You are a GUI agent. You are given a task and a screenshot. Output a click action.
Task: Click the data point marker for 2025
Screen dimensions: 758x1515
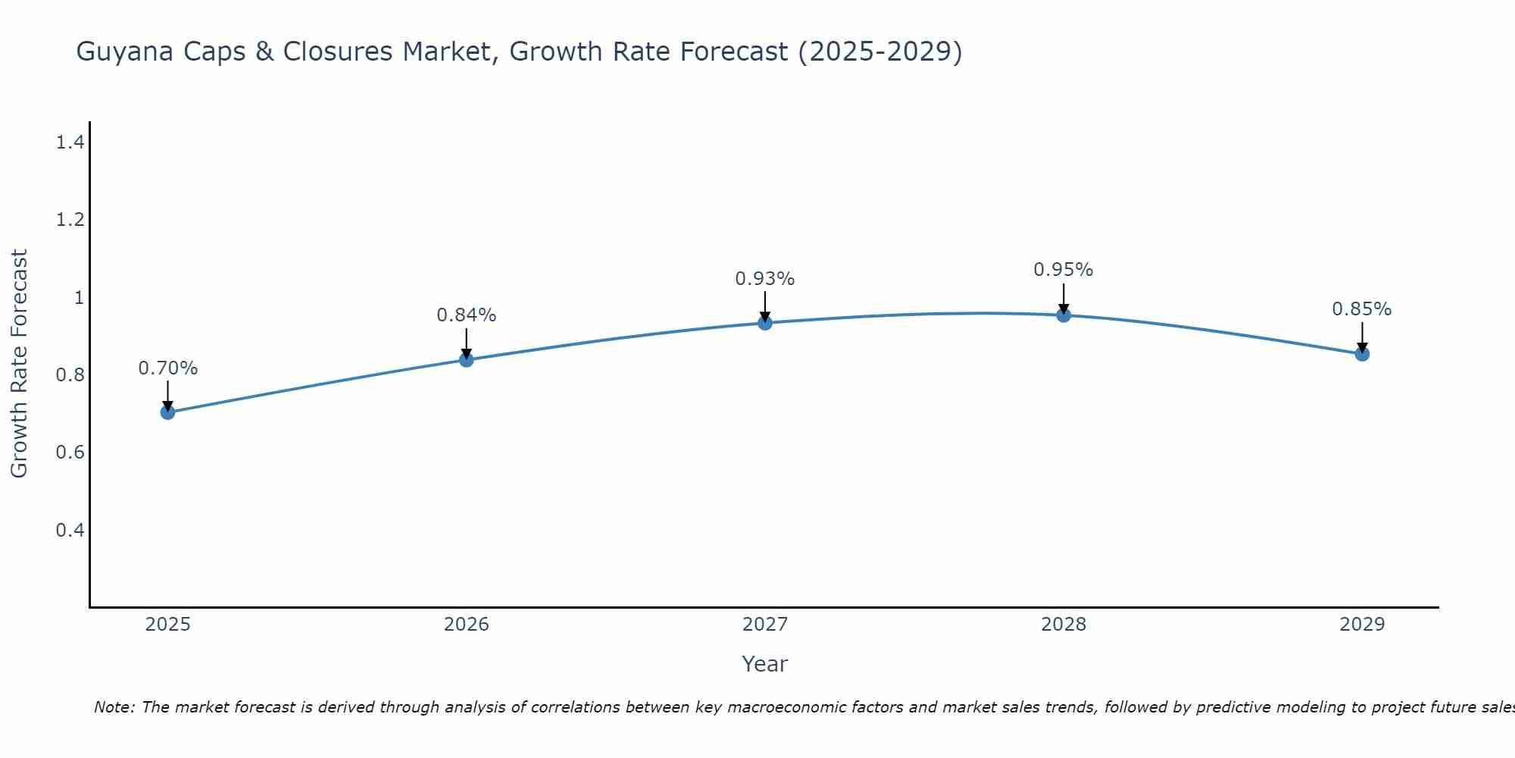pos(167,412)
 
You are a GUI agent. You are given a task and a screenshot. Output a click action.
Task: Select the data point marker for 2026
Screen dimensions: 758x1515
pos(467,359)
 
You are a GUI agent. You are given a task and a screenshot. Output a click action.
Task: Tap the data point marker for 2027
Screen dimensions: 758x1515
pos(765,323)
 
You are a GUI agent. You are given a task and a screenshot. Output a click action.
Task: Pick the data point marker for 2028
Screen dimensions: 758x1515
pos(1064,315)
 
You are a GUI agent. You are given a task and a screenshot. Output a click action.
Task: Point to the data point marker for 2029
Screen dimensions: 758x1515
pos(1362,354)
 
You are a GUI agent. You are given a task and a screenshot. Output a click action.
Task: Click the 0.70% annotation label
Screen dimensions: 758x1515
pos(167,368)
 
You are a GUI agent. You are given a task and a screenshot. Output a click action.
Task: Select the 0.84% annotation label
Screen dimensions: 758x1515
pos(467,315)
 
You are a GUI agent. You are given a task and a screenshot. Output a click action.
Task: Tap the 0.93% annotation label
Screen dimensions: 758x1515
pos(765,279)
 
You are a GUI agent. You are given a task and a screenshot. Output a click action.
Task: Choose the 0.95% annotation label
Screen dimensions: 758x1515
pos(1064,270)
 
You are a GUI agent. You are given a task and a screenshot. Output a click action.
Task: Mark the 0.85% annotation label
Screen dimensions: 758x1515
pos(1362,309)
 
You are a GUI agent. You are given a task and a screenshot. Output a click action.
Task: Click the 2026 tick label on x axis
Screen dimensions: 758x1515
pos(467,625)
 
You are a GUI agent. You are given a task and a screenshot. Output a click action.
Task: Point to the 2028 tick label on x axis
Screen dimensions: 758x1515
pos(1064,625)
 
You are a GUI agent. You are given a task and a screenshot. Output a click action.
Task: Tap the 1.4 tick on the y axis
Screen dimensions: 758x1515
pos(70,142)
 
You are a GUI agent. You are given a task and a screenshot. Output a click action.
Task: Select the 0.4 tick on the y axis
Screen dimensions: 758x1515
pos(70,530)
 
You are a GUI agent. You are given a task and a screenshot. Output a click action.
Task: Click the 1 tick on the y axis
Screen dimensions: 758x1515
pos(79,297)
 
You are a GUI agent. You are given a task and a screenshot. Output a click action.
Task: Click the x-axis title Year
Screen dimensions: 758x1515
pos(765,664)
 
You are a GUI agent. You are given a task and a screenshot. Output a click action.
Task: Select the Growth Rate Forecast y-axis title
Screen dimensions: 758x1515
pos(19,364)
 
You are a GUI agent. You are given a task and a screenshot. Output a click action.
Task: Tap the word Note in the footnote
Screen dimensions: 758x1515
pos(114,707)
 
